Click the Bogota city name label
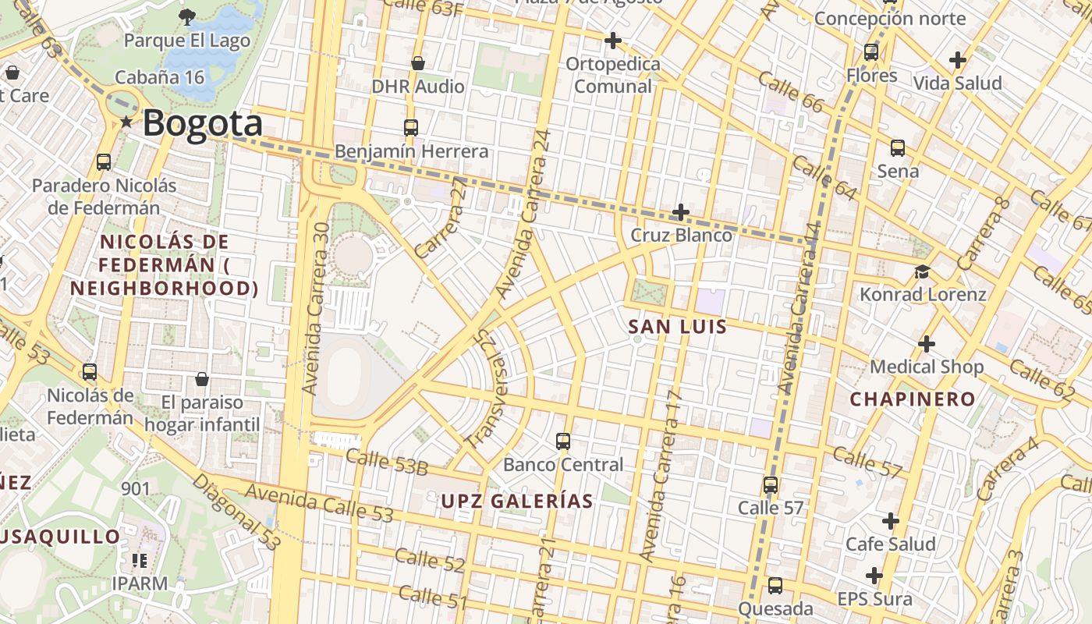click(x=203, y=123)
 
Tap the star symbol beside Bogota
click(x=126, y=122)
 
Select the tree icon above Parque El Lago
click(x=187, y=16)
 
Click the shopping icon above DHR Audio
click(x=418, y=63)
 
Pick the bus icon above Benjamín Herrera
click(x=411, y=127)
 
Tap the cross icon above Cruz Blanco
click(x=681, y=211)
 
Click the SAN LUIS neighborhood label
click(x=678, y=327)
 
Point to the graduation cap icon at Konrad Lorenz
click(x=923, y=271)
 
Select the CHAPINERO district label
click(x=913, y=399)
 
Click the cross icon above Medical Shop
click(x=927, y=343)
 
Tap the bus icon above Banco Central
click(x=563, y=441)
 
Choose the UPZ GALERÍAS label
click(x=517, y=501)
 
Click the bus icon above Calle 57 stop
click(x=771, y=484)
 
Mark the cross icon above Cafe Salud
click(x=891, y=520)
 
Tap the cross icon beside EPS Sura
click(x=874, y=576)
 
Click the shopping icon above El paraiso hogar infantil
click(x=202, y=379)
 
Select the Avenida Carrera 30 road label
click(x=319, y=308)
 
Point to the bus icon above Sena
click(x=898, y=147)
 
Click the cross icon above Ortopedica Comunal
click(x=613, y=40)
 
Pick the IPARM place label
click(x=140, y=583)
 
